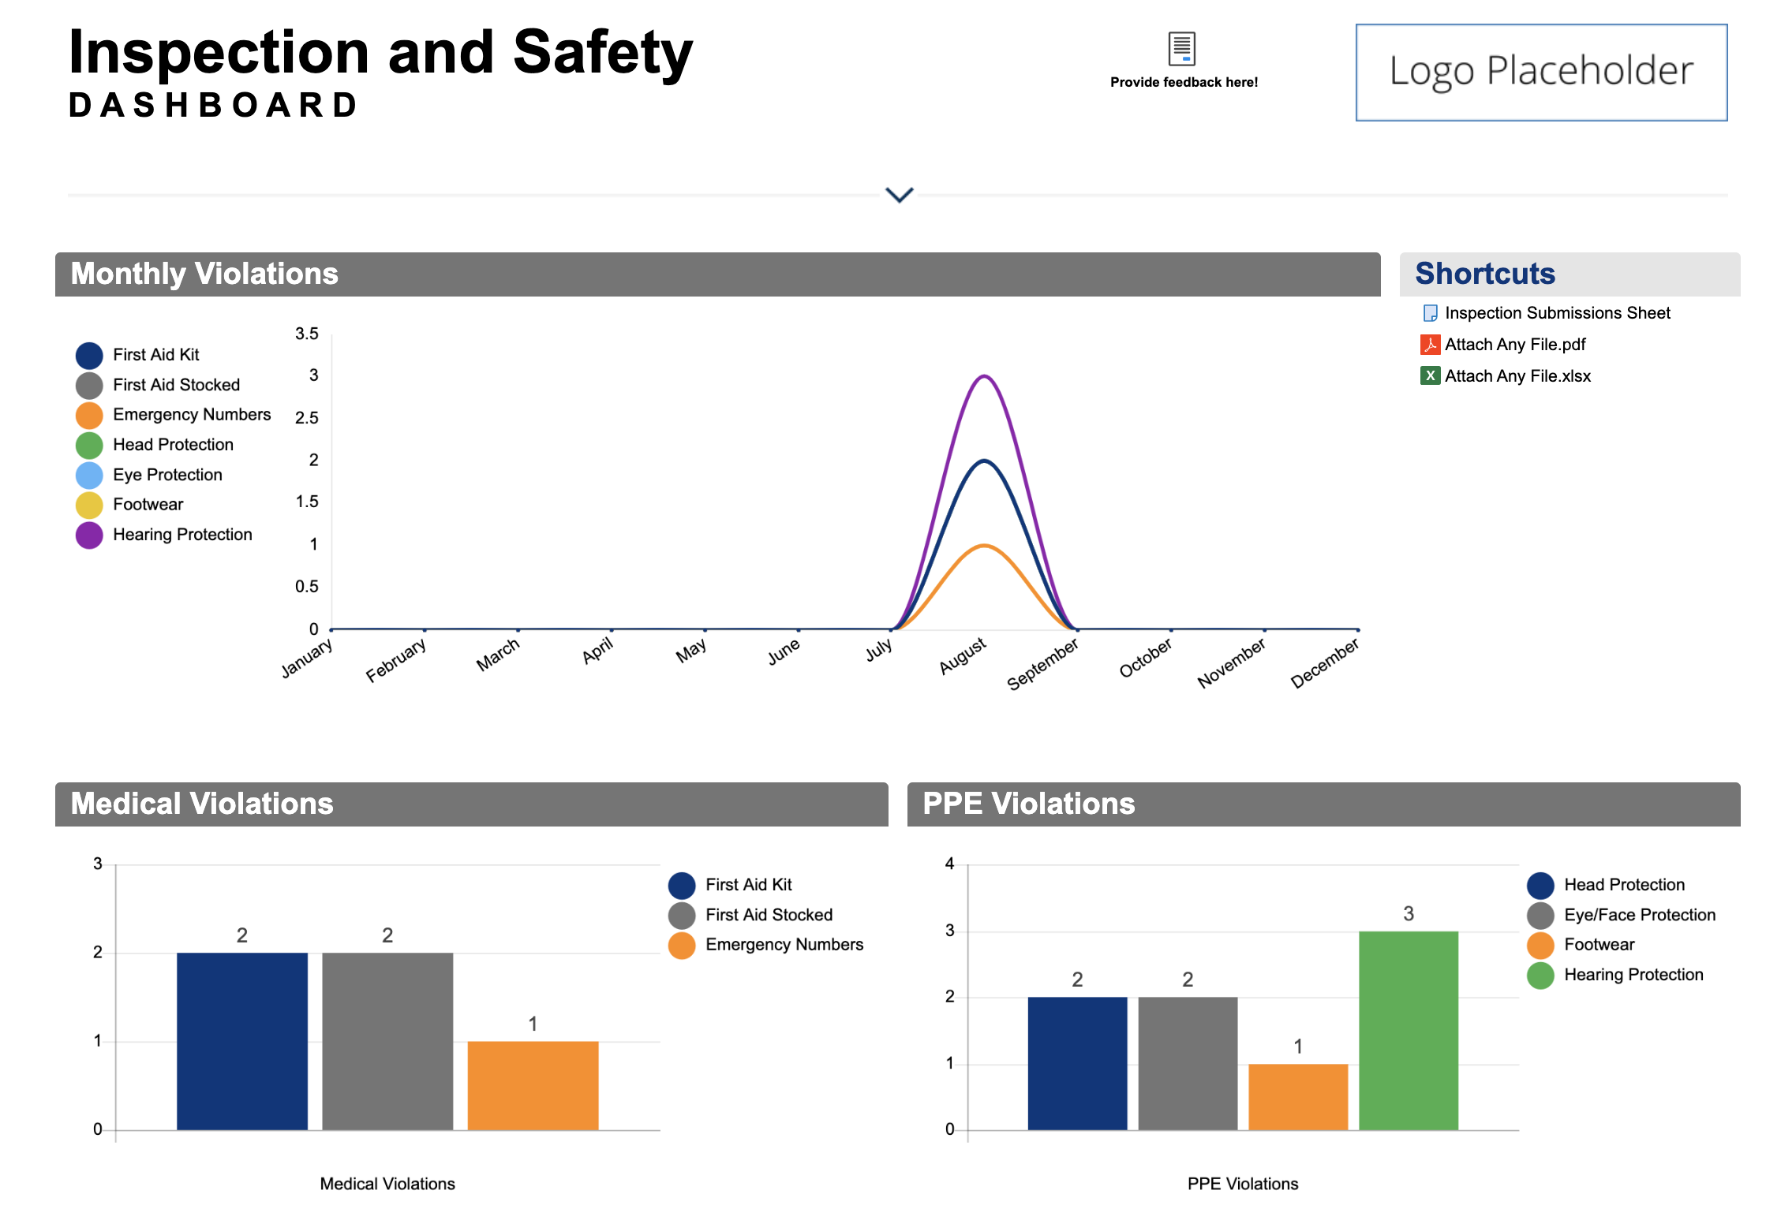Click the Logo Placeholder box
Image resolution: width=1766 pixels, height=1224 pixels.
point(1540,72)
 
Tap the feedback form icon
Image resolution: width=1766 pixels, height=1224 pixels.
point(1181,49)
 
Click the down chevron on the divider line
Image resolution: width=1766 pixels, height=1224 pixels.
point(899,195)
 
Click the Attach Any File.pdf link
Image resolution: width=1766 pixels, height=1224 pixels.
point(1514,345)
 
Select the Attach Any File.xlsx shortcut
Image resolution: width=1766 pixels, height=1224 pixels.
point(1517,376)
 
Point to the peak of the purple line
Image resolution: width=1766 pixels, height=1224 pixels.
point(984,376)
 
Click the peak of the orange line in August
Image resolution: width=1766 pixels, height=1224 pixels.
point(984,546)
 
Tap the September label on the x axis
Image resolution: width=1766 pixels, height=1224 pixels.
point(1043,664)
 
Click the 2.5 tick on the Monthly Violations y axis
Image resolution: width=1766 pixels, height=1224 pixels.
point(306,418)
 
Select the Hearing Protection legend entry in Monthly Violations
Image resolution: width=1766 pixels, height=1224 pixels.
point(181,535)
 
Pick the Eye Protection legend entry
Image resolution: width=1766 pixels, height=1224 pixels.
point(166,475)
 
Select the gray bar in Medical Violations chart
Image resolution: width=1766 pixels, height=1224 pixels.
point(387,1041)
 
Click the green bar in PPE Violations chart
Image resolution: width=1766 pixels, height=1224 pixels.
point(1408,1030)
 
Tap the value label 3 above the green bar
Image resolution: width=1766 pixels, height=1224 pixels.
point(1408,914)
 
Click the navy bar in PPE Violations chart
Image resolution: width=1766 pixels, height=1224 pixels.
point(1077,1063)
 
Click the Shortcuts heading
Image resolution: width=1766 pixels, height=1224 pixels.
point(1484,274)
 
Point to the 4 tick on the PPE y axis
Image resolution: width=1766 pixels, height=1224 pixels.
point(950,864)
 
